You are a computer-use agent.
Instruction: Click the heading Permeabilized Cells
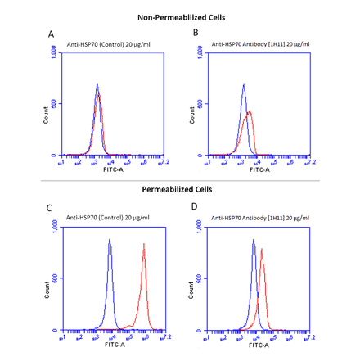(x=177, y=189)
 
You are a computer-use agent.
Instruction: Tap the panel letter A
(x=51, y=34)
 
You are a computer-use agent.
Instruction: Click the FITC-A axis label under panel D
(x=259, y=344)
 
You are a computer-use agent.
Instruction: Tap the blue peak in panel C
(x=109, y=241)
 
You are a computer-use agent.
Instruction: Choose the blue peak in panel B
(x=243, y=84)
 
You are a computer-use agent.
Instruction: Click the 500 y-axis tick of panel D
(x=201, y=278)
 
